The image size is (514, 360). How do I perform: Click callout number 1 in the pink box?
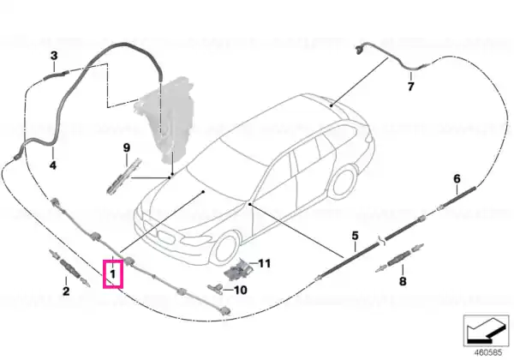click(x=113, y=273)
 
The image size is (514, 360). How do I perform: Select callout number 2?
click(x=66, y=291)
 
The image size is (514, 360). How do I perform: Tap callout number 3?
click(x=54, y=56)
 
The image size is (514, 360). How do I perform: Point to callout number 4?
click(x=53, y=165)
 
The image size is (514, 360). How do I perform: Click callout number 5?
click(x=355, y=236)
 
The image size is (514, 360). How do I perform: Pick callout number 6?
click(x=457, y=178)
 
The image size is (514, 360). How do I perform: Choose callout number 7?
click(x=410, y=87)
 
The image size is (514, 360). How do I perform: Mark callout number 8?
click(x=403, y=281)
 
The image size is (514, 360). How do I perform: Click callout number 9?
click(x=127, y=148)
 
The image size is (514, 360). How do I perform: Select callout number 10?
click(x=241, y=291)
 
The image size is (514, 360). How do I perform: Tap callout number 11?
click(x=264, y=263)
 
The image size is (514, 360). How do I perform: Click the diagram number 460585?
click(x=488, y=353)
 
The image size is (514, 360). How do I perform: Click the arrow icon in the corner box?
click(x=486, y=331)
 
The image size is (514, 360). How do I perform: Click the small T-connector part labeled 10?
click(x=215, y=289)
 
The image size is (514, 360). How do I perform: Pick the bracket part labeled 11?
click(x=238, y=269)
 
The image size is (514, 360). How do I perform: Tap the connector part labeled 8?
click(x=399, y=258)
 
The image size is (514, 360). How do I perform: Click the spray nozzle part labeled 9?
click(x=123, y=177)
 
